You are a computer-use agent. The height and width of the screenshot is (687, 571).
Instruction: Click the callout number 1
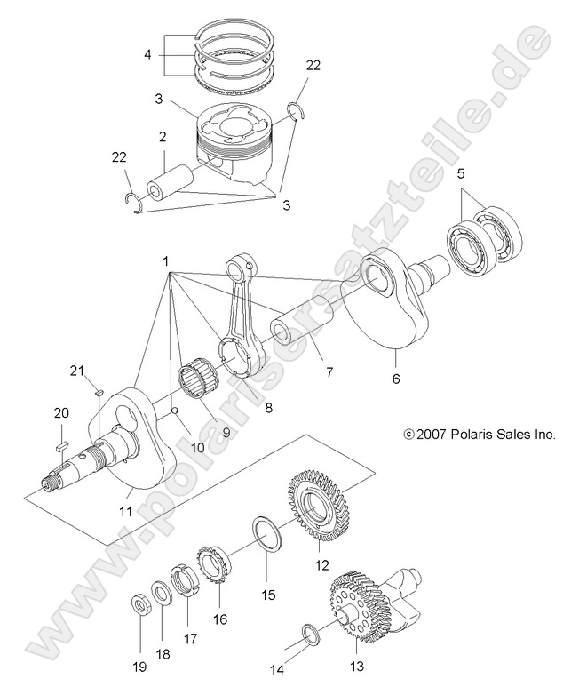click(166, 260)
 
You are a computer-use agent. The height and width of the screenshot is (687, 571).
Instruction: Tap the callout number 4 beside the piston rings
click(147, 54)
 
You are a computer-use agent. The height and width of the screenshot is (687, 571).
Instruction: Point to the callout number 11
click(125, 512)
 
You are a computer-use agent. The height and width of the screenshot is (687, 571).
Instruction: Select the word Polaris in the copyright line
click(476, 435)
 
